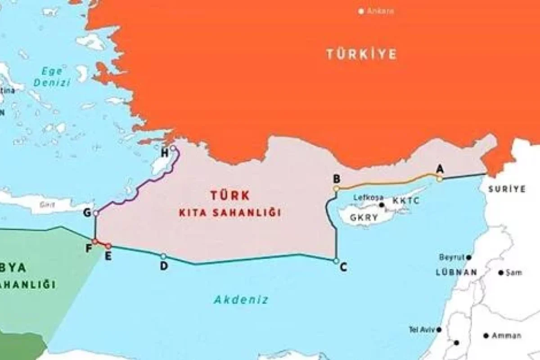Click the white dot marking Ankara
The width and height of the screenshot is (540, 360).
click(x=361, y=11)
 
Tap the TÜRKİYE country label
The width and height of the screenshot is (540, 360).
click(x=361, y=54)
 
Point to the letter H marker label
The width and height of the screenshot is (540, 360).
click(x=165, y=153)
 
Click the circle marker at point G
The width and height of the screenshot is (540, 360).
click(x=96, y=213)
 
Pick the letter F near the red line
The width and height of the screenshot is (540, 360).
click(x=89, y=247)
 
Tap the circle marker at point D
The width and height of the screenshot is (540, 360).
click(x=163, y=256)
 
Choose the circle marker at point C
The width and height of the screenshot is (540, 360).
click(x=336, y=261)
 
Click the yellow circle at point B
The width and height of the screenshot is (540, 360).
click(x=337, y=189)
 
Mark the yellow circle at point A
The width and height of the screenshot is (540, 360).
click(x=439, y=179)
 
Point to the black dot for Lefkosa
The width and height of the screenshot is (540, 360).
click(x=382, y=205)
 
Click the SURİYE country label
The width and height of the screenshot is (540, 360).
click(x=507, y=189)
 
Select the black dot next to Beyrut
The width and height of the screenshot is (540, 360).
click(x=469, y=257)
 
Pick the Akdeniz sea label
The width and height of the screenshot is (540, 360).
click(x=241, y=299)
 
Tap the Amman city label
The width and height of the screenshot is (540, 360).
click(x=506, y=336)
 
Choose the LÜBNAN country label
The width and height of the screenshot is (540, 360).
click(x=456, y=272)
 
